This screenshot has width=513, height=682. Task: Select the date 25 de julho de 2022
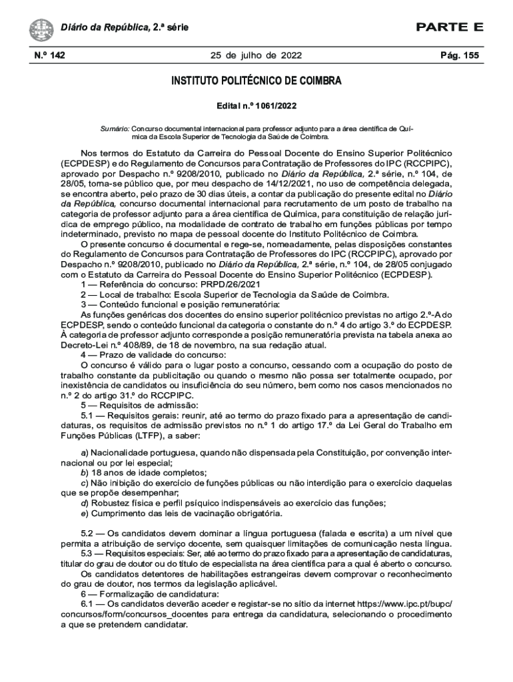pos(256,55)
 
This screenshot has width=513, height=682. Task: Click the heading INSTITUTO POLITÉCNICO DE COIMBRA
pos(256,82)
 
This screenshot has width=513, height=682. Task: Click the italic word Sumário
pos(114,127)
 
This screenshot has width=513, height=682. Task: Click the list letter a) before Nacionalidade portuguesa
pos(85,453)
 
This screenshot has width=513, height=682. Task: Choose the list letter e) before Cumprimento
pos(85,513)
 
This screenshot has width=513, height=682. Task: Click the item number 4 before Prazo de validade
pos(84,355)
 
